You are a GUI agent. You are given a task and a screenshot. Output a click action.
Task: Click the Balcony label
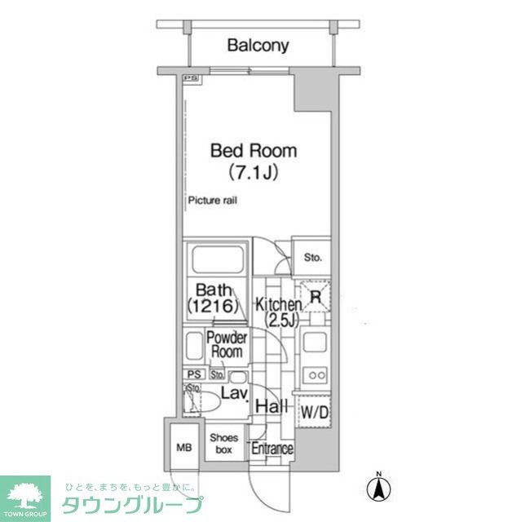coord(258,46)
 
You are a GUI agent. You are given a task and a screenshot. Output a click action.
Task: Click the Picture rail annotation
coord(212,201)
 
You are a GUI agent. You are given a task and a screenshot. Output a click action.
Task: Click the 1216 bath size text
coord(214,307)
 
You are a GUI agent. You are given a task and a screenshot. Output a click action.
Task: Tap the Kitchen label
coord(279,305)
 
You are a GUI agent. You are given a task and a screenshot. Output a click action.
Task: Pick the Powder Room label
coord(227,345)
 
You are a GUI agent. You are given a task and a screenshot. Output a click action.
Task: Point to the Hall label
coord(269,407)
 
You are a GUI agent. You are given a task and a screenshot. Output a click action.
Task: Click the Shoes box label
coord(223,443)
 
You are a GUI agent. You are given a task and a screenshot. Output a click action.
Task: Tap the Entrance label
coord(272,449)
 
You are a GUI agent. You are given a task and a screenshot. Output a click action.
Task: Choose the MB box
coord(183,446)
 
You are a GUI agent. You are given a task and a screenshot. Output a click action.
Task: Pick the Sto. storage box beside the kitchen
coord(313,258)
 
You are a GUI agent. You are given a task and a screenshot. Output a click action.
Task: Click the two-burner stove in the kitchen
coord(314,375)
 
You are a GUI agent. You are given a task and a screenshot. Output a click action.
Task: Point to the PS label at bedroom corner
coord(190,78)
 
